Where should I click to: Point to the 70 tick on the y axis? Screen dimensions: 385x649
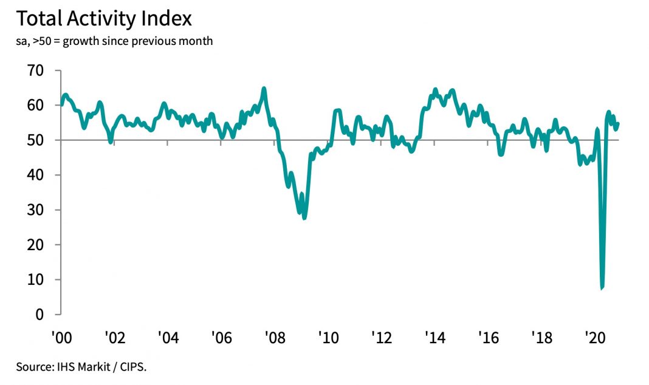35,70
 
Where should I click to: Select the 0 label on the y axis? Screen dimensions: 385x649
39,315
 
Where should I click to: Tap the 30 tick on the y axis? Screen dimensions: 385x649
35,210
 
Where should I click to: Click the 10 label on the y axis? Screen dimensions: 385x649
35,280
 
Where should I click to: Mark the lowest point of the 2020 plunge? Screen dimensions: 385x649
602,288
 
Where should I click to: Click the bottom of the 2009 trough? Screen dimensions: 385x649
304,218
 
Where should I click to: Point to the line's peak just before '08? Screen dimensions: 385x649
264,89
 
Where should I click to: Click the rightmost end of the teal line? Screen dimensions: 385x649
618,124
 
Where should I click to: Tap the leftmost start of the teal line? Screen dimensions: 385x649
61,104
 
